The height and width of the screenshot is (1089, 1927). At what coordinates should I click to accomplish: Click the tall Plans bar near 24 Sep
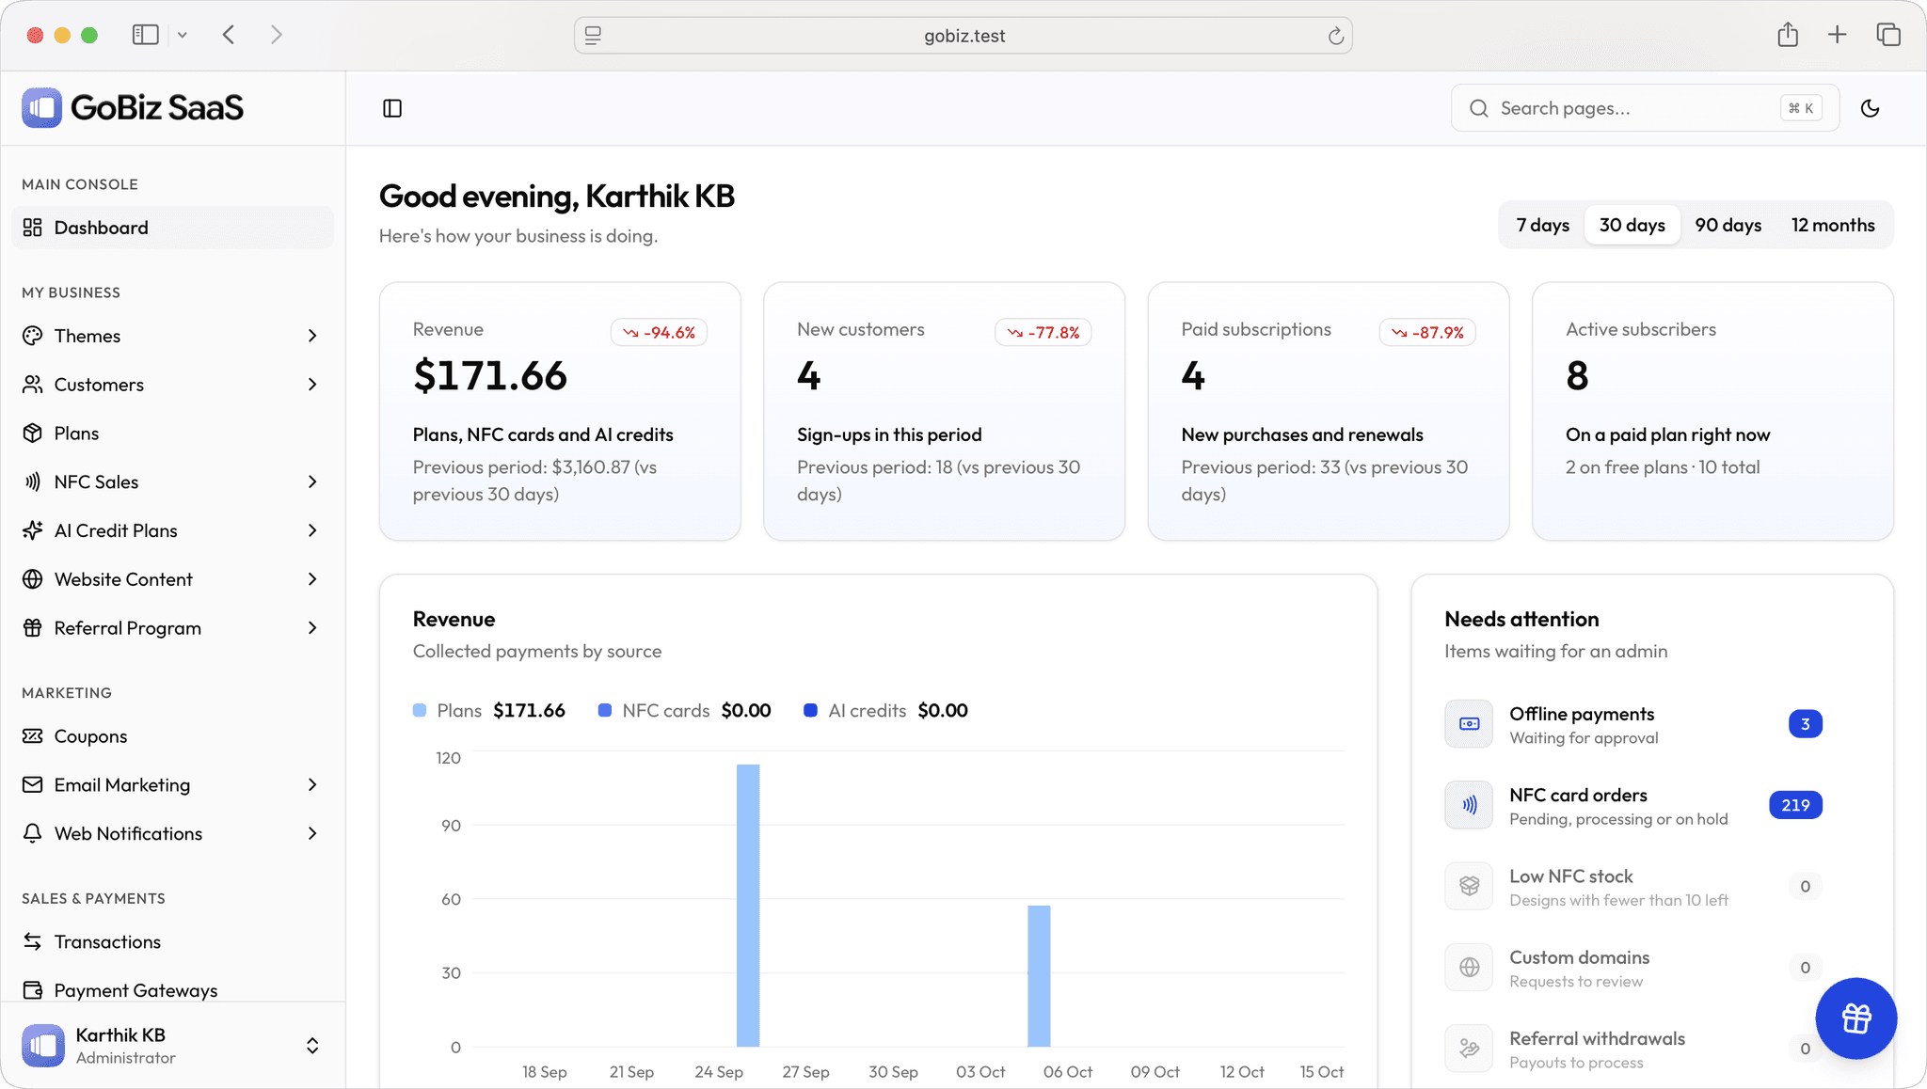[x=748, y=905]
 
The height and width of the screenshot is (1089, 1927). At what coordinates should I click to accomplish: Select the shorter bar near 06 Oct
[x=1039, y=975]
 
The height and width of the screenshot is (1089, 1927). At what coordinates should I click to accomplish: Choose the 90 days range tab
[x=1728, y=225]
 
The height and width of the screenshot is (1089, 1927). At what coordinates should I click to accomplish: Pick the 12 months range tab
[x=1833, y=225]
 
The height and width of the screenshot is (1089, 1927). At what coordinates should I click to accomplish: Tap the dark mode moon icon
[x=1870, y=108]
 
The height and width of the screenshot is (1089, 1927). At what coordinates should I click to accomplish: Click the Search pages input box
[x=1645, y=108]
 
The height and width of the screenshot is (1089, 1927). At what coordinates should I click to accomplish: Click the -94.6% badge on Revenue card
[x=659, y=332]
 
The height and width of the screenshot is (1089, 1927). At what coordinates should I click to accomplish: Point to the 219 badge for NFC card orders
[x=1795, y=805]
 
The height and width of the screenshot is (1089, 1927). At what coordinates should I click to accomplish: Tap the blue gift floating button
[x=1855, y=1018]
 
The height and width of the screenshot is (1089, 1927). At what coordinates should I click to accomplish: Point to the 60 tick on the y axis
[x=451, y=899]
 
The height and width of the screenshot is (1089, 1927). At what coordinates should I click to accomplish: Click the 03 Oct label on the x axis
[x=980, y=1072]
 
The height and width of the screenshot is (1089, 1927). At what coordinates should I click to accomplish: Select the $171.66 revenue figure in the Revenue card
[x=490, y=376]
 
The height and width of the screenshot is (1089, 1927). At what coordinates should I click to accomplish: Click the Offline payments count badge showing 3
[x=1805, y=724]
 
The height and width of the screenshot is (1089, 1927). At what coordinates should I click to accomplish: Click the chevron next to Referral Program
[x=312, y=628]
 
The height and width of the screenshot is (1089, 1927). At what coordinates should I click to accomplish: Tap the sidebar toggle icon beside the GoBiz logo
[x=392, y=108]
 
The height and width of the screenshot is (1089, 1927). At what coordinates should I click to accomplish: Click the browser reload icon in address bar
[x=1335, y=36]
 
